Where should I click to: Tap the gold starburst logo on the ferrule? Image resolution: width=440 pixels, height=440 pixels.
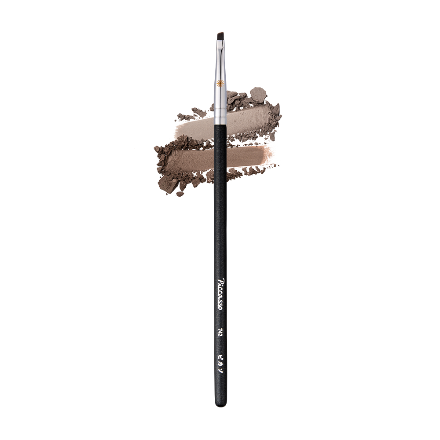(220, 83)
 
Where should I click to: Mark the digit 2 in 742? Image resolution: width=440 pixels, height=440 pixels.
(220, 335)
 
